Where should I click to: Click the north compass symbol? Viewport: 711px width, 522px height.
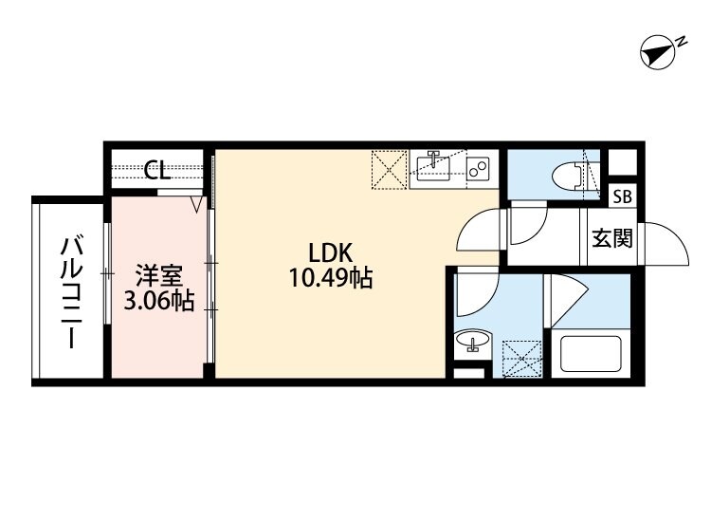tap(657, 53)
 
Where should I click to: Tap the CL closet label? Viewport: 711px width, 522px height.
tap(157, 171)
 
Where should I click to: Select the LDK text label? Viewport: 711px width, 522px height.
tap(331, 253)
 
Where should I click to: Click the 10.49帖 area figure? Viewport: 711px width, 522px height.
tap(331, 279)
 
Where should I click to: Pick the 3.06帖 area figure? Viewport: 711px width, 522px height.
tap(159, 302)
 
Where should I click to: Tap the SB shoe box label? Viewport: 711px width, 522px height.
tap(622, 198)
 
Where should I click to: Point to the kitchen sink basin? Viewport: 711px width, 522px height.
tap(434, 168)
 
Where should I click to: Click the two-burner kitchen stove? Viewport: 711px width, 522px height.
tap(478, 170)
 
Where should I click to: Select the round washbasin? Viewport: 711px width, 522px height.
tap(473, 342)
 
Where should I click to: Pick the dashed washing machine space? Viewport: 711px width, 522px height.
tap(521, 359)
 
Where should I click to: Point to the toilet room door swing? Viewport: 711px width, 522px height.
tap(527, 226)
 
